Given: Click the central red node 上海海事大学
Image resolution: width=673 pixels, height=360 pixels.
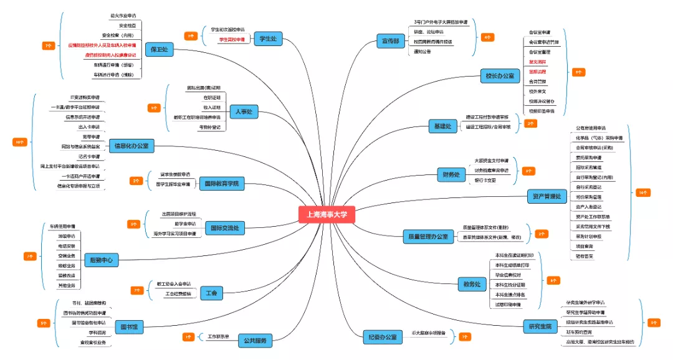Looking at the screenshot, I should pyautogui.click(x=327, y=215).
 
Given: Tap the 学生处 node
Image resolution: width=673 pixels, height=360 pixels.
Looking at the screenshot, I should pyautogui.click(x=267, y=39).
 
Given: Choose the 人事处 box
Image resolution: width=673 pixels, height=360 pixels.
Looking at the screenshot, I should pyautogui.click(x=243, y=112).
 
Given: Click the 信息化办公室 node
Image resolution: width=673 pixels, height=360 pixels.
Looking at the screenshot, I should pyautogui.click(x=131, y=146).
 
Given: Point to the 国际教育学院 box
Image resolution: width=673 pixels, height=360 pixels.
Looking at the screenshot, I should pyautogui.click(x=221, y=184).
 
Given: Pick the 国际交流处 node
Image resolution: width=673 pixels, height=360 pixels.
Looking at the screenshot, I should pyautogui.click(x=225, y=229).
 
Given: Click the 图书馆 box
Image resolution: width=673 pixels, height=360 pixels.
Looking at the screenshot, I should pyautogui.click(x=129, y=326).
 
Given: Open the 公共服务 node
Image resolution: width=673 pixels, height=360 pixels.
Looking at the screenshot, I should pyautogui.click(x=254, y=341).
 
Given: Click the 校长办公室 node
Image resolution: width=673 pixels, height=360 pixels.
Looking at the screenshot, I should pyautogui.click(x=500, y=76).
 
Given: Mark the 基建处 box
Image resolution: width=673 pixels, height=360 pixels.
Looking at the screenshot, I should pyautogui.click(x=442, y=126).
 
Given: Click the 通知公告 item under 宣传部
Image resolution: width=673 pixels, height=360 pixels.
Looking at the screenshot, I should pyautogui.click(x=422, y=52).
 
